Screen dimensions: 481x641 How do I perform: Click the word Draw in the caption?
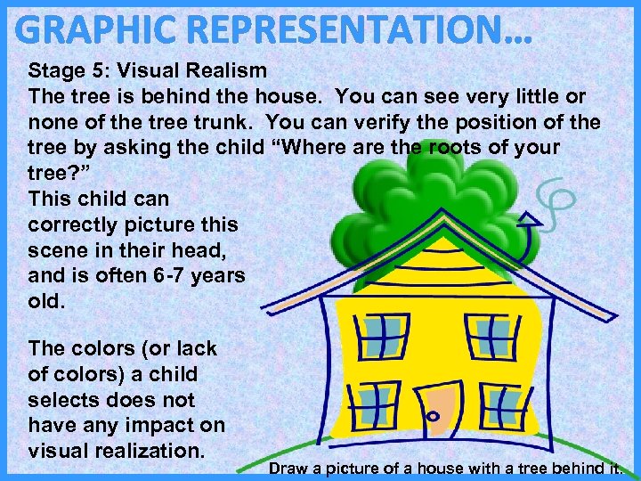[x=288, y=468]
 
